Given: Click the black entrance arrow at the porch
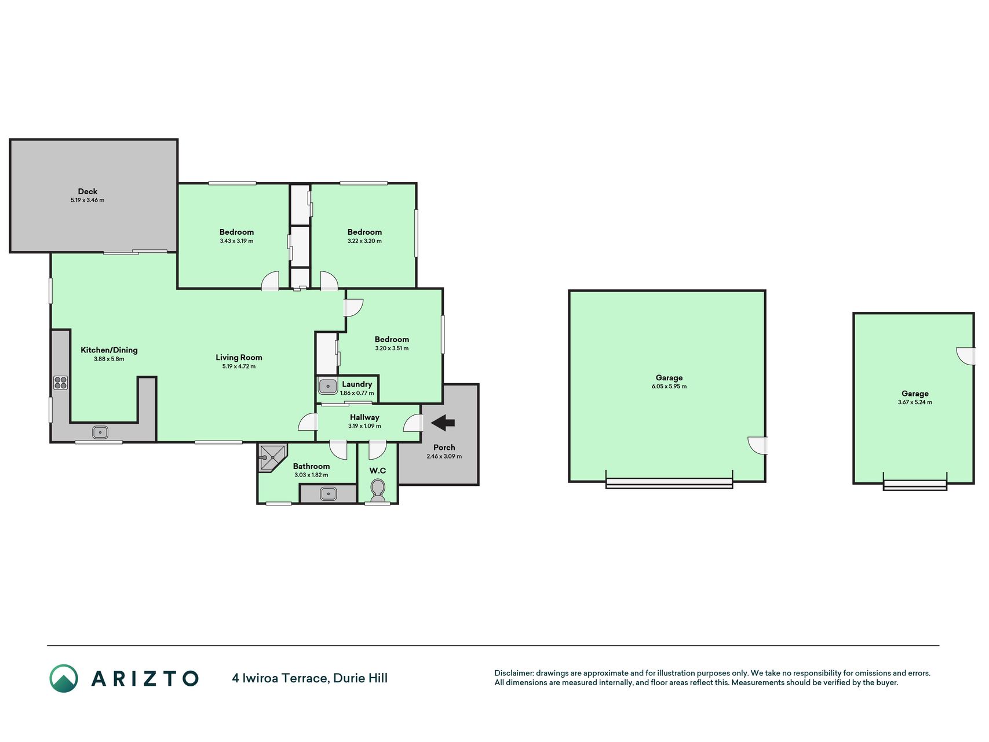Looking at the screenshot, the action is (x=443, y=423).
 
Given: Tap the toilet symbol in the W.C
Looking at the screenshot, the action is (x=378, y=490).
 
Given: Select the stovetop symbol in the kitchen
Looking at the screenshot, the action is (x=60, y=383).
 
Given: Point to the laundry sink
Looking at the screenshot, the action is (x=328, y=385).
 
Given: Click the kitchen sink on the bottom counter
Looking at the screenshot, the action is (x=100, y=432).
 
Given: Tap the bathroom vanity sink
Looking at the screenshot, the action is (x=328, y=493).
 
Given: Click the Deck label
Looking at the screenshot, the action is (x=87, y=191).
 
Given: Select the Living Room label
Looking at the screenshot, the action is (x=239, y=357).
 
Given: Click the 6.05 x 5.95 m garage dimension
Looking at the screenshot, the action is (x=669, y=387).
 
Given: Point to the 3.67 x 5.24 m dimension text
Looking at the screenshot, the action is (x=915, y=402).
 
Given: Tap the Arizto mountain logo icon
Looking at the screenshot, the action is (x=64, y=678).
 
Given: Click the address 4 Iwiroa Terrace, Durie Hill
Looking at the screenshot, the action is (x=310, y=678).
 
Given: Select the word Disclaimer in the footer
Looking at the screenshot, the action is (x=513, y=673).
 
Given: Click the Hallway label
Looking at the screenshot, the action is (x=364, y=417).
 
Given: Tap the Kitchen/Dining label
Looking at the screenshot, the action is (x=109, y=350).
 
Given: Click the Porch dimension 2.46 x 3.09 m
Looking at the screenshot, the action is (x=444, y=456).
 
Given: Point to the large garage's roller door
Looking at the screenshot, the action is (x=669, y=483).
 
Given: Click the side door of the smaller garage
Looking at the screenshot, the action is (x=966, y=355).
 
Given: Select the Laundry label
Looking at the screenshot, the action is (x=357, y=384).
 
